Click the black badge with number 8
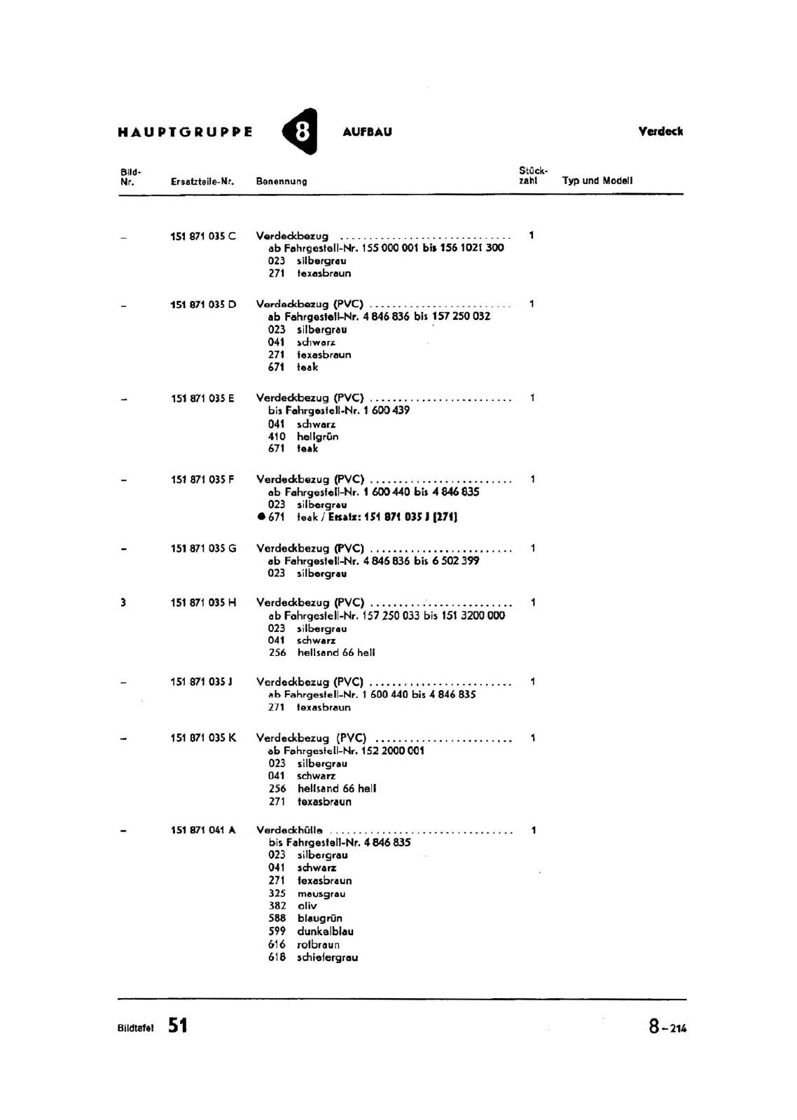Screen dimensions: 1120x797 coord(300,132)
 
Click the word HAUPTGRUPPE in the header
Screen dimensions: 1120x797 coord(185,132)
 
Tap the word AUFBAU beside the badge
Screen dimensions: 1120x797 coord(367,132)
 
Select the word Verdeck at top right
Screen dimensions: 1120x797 coord(660,132)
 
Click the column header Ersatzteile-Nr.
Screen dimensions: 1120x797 coord(202,181)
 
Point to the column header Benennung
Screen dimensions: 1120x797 coord(282,181)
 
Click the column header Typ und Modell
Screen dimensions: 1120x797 coord(597,181)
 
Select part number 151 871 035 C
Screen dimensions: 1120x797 coord(203,236)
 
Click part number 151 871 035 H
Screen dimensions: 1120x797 coord(203,602)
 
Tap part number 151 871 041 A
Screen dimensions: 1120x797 coord(203,830)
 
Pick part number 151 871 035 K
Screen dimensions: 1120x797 coord(203,738)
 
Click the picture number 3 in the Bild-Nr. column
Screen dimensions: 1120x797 coord(123,602)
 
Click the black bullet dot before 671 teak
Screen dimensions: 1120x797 coord(261,517)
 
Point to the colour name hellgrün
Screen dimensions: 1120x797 coord(317,436)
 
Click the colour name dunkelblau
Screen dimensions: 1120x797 coord(325,932)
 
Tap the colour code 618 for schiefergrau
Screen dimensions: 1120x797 coord(277,958)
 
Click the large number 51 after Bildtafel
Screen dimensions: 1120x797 coord(178,1025)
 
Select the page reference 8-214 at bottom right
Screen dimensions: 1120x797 coord(667,1027)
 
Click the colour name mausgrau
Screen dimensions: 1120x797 coord(321,894)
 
